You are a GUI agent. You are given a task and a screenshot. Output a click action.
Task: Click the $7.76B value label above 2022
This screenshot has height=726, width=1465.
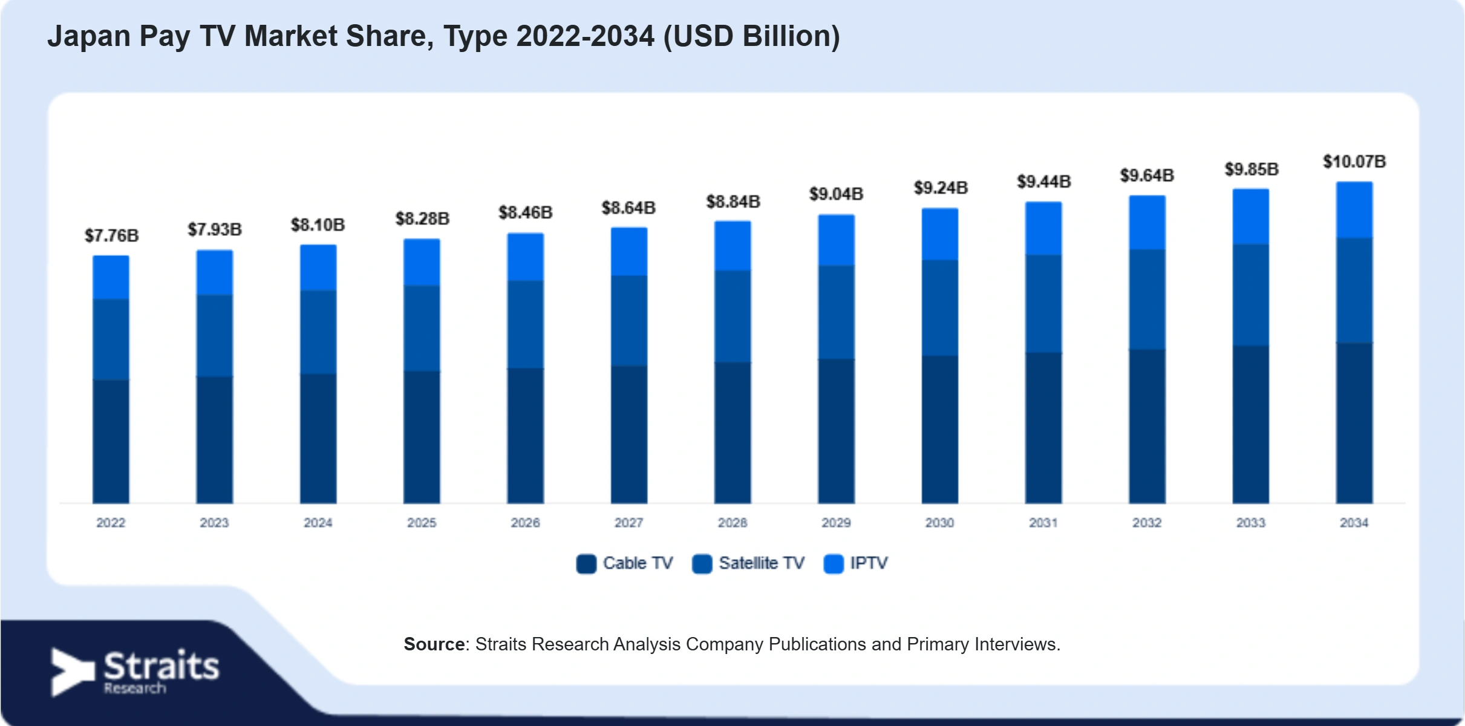111,235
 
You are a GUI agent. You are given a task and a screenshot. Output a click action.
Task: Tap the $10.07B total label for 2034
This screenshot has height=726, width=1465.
1354,162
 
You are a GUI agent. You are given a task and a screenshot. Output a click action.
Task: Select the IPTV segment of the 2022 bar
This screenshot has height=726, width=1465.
111,277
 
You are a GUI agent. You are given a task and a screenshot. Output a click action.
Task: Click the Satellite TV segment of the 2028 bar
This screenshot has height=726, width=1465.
732,316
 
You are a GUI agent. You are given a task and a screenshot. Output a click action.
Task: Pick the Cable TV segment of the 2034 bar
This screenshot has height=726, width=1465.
1354,423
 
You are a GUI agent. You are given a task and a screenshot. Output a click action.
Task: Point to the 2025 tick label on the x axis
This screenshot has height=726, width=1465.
422,523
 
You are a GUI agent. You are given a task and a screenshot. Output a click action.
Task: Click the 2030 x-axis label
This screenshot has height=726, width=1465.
939,523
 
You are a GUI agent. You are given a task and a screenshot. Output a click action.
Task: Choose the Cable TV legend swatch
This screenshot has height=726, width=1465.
586,564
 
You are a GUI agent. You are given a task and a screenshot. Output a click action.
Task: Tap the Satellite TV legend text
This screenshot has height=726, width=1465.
762,563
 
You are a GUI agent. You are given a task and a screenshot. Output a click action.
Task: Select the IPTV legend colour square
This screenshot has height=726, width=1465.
834,564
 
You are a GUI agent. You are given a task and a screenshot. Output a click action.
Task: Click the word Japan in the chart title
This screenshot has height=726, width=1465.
89,37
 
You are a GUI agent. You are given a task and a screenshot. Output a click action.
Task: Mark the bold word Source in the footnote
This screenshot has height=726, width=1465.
434,644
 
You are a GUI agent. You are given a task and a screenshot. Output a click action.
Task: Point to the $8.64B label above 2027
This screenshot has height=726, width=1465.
628,208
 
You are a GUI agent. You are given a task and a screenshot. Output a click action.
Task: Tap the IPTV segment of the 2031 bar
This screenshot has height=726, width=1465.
1043,229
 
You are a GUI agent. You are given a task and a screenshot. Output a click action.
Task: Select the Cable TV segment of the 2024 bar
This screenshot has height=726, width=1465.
318,439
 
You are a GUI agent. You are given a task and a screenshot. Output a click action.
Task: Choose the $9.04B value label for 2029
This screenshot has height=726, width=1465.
837,194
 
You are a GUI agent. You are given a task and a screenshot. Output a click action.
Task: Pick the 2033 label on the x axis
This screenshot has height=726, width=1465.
1250,523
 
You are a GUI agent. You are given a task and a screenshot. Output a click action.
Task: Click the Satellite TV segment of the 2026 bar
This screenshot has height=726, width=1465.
525,324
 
